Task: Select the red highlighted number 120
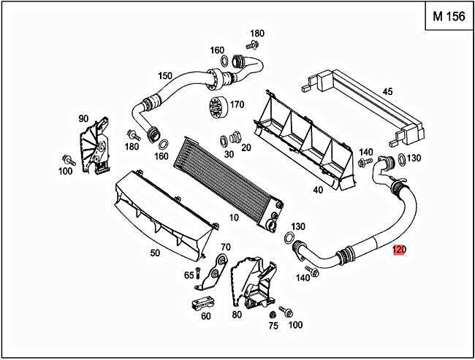pyautogui.click(x=399, y=250)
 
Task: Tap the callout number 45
pyautogui.click(x=388, y=91)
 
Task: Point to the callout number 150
pyautogui.click(x=165, y=76)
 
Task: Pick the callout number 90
pyautogui.click(x=83, y=118)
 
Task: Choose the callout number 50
pyautogui.click(x=155, y=253)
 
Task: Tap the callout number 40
pyautogui.click(x=318, y=190)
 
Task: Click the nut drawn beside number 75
pyautogui.click(x=273, y=313)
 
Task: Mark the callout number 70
pyautogui.click(x=225, y=248)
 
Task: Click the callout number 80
pyautogui.click(x=236, y=315)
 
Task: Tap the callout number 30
pyautogui.click(x=229, y=154)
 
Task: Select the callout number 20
pyautogui.click(x=246, y=147)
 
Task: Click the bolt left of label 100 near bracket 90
pyautogui.click(x=69, y=158)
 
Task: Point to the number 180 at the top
pyautogui.click(x=257, y=34)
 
